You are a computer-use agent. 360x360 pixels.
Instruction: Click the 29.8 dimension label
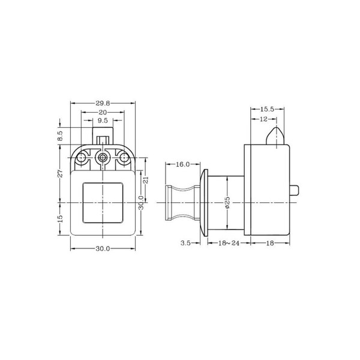click(x=103, y=103)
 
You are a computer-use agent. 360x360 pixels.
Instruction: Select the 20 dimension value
click(x=103, y=113)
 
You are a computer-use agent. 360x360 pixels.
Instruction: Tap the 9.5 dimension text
click(x=103, y=121)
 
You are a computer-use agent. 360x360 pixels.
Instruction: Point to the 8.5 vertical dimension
click(x=60, y=136)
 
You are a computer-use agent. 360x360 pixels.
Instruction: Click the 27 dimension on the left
click(x=60, y=173)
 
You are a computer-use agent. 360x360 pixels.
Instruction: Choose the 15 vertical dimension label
click(x=60, y=218)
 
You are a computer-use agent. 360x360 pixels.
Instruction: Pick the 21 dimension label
click(x=146, y=180)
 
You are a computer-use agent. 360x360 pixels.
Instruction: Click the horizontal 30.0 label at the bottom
click(x=103, y=248)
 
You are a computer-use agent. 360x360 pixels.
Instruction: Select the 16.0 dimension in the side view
click(x=183, y=164)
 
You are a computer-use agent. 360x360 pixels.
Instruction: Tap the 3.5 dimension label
click(x=185, y=243)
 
